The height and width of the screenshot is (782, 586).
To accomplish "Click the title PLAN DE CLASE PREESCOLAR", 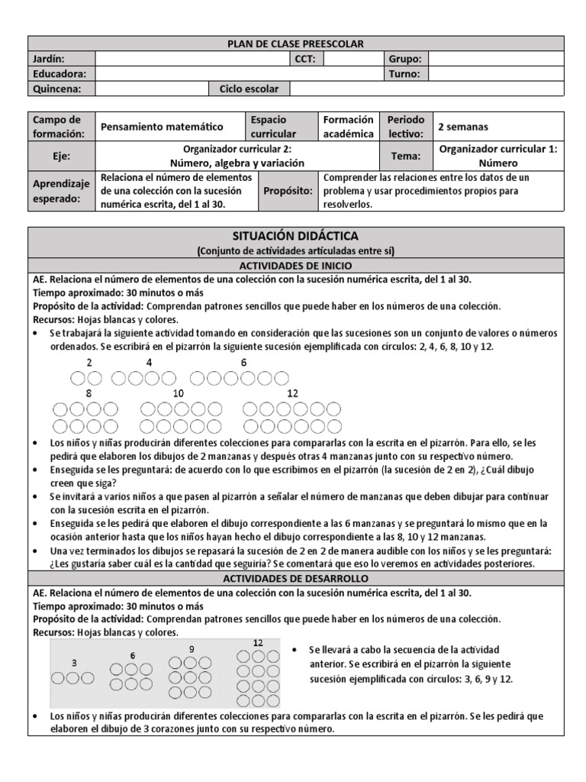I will coord(296,44).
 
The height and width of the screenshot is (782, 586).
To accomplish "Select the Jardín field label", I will coord(49,59).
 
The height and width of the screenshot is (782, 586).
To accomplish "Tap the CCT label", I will coord(306,59).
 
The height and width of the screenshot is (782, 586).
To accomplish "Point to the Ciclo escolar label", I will coord(249,89).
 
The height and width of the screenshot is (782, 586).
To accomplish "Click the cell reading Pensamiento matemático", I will coord(162,127).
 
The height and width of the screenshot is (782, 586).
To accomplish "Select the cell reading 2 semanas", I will coord(463,127).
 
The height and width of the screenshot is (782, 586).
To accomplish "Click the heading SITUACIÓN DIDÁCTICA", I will coord(295,236).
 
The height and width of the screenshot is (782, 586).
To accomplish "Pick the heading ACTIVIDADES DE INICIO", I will coord(295,265).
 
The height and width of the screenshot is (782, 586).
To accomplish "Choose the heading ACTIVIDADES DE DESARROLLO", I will coord(295,578).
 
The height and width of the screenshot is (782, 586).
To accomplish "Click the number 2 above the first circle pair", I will coord(89,362).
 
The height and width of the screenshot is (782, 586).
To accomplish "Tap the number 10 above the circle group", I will coord(179,393).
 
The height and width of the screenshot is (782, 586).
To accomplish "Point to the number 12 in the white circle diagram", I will coord(292,393).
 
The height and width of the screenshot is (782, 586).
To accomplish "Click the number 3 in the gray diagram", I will coord(73,663).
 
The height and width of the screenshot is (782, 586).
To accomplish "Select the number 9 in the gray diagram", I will coord(192,648).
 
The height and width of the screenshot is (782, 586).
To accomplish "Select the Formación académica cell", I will coord(349,127).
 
